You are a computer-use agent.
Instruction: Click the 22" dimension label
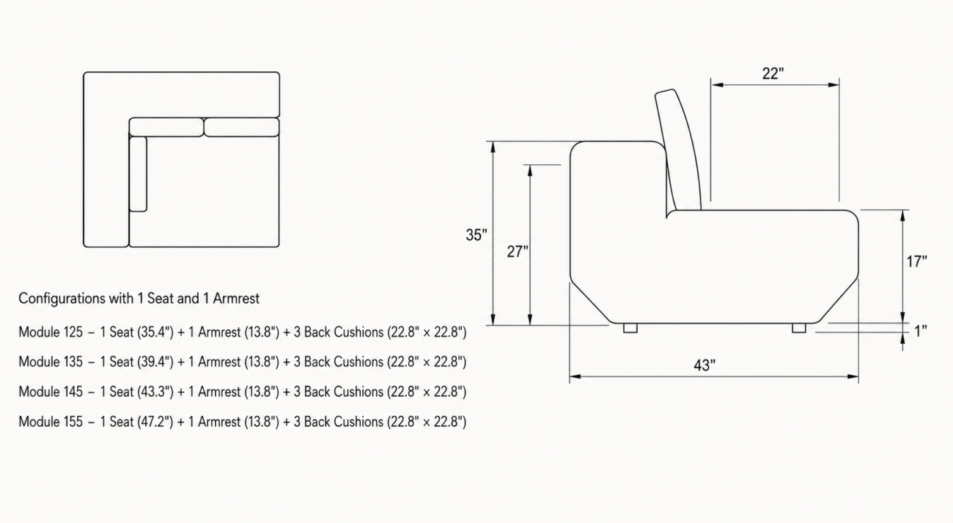[x=773, y=73]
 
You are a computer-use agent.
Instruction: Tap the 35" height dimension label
[x=476, y=235]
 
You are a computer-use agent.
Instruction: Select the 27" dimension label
[x=518, y=252]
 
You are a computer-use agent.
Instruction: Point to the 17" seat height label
[x=916, y=261]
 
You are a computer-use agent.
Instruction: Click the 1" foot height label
[x=921, y=331]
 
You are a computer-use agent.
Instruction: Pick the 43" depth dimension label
[x=704, y=365]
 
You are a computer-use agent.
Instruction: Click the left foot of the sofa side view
[x=630, y=328]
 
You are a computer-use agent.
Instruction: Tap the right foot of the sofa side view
[x=798, y=328]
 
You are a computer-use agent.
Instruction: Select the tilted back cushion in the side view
[x=678, y=150]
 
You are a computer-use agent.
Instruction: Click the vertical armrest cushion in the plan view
[x=138, y=174]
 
